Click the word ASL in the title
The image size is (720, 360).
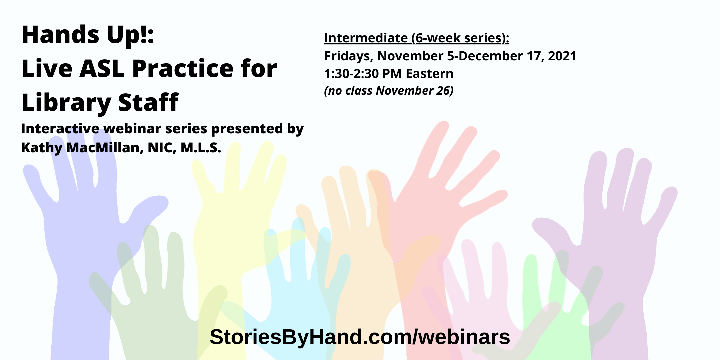click(102, 69)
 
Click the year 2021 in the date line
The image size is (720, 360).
click(562, 56)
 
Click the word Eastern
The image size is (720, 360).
click(430, 74)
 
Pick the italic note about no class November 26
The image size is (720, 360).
click(389, 91)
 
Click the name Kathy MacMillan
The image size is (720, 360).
click(82, 148)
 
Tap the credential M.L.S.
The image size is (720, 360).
click(201, 148)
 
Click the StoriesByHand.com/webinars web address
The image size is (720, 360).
click(360, 337)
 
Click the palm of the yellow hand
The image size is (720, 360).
click(233, 227)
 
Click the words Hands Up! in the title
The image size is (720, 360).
click(88, 35)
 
